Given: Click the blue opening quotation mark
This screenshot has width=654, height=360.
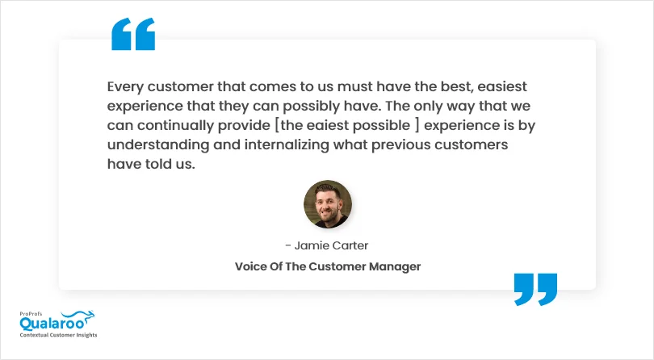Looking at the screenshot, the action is tap(133, 34).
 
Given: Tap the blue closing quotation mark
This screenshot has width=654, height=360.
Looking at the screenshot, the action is tap(535, 290).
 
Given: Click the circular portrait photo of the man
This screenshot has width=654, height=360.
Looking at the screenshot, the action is tap(328, 204).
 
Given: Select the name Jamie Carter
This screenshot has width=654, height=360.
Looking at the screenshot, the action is tap(331, 245).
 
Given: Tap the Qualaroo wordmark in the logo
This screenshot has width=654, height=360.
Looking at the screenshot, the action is tap(52, 324).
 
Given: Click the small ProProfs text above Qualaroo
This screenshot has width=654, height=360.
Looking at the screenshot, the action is tap(31, 314).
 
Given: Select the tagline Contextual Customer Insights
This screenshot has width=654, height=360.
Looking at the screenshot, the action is tap(58, 335).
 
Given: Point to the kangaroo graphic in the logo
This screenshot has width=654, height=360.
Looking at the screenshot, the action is tap(79, 317).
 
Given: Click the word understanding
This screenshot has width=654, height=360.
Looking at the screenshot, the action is tap(158, 145).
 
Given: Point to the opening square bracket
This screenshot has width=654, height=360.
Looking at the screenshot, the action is tap(277, 125).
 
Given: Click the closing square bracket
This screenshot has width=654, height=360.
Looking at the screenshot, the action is tap(417, 125).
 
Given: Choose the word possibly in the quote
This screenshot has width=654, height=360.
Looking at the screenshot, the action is tap(311, 107).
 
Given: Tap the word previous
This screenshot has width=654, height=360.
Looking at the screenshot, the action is tap(400, 145).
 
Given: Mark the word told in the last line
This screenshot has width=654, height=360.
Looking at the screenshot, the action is tap(158, 164).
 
